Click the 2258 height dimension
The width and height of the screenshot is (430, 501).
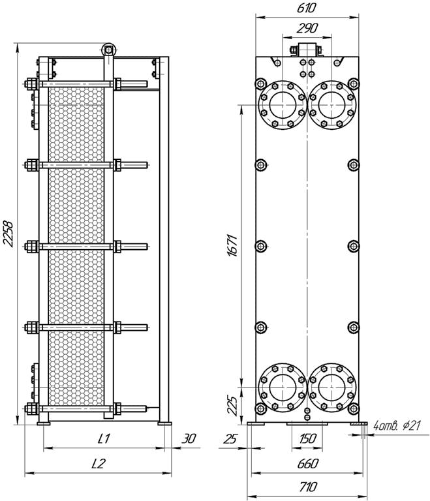coord(8,234)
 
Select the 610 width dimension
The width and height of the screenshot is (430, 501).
coord(306,8)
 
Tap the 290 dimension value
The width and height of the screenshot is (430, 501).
coord(307,29)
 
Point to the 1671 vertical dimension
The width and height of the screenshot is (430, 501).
coord(232,245)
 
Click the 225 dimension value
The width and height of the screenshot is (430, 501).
coord(232,406)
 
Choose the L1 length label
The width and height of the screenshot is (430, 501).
coord(104,438)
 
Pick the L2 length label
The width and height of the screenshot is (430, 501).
coord(98,464)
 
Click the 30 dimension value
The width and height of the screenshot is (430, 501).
coord(189,438)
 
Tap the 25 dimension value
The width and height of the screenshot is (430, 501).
coord(230,438)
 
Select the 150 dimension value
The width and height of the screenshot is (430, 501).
coord(307,438)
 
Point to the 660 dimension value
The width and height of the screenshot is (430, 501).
coord(307,464)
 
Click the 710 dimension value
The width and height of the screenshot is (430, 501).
coord(308,487)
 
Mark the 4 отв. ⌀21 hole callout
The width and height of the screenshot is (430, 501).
coord(397,425)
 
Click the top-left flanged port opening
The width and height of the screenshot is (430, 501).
coord(283,105)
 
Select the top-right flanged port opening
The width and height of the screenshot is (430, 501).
coord(332,105)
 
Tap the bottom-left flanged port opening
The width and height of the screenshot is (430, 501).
coord(283,387)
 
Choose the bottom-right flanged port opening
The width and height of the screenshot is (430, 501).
coord(332,387)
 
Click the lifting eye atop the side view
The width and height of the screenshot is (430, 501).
coord(109,50)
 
